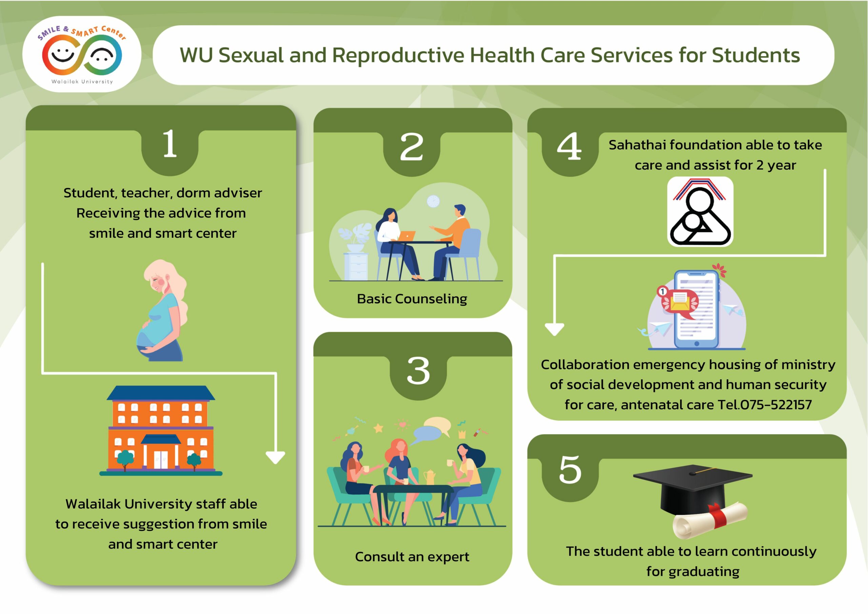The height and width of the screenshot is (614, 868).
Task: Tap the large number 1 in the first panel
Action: pos(170,143)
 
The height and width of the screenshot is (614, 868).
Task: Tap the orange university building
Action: pos(161,430)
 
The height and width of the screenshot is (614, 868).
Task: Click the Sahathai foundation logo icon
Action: pos(700,212)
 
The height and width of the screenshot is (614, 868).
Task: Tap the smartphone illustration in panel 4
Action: pos(696,309)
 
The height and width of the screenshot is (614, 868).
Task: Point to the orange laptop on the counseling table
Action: pos(407,236)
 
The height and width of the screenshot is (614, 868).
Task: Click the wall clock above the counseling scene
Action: pos(433,201)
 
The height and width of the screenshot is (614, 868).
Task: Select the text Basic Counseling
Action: pos(412,299)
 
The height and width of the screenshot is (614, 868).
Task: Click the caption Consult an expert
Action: pos(412,557)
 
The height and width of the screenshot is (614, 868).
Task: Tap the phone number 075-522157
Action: pos(776,405)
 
